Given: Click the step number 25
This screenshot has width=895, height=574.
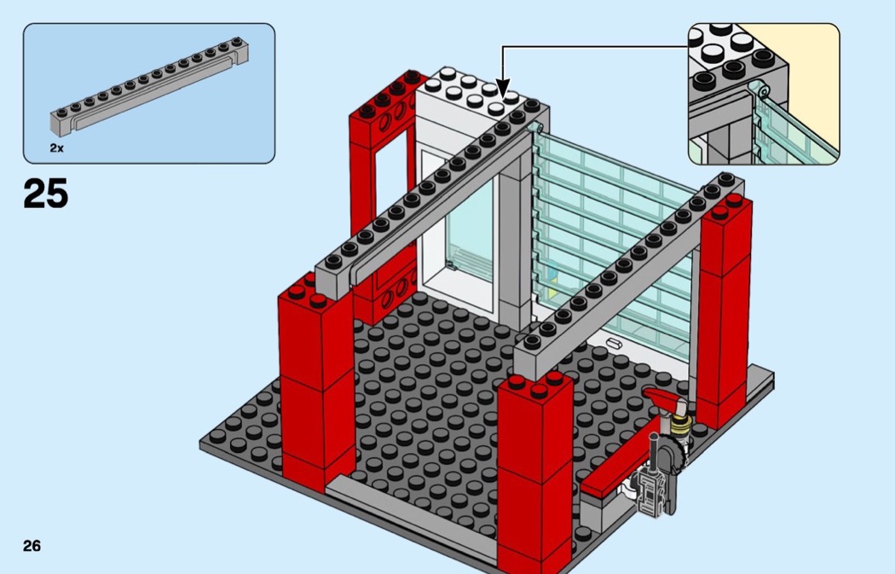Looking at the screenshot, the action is (46, 194).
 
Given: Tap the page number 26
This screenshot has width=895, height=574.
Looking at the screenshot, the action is (32, 546).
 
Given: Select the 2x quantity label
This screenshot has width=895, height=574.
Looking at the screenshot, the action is (57, 148).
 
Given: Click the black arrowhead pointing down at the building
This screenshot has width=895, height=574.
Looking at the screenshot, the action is (503, 89).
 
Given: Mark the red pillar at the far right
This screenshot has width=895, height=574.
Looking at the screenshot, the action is (724, 307).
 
